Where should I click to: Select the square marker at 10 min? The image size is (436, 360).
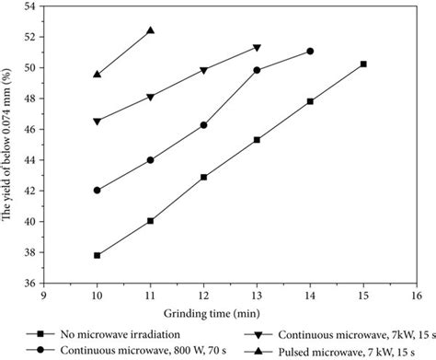[97, 255]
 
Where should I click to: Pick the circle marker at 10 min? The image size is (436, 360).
[97, 191]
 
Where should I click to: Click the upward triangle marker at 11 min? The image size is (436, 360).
[150, 30]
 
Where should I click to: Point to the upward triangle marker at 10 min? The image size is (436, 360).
[97, 74]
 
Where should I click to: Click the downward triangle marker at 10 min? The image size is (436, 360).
[97, 122]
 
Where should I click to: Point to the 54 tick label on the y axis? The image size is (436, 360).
[29, 6]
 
